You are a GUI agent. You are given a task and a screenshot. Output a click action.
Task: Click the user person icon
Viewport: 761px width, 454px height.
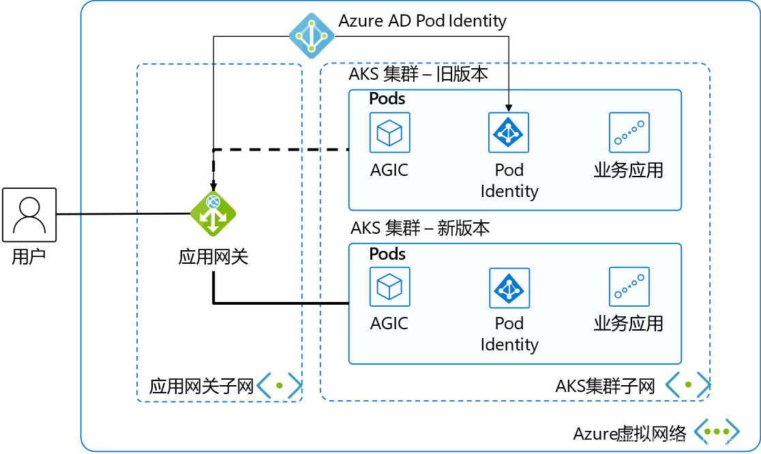(29, 215)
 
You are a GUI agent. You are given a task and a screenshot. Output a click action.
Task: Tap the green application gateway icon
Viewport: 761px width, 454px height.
(213, 214)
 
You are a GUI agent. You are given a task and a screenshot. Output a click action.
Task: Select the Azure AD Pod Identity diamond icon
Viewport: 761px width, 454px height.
(312, 36)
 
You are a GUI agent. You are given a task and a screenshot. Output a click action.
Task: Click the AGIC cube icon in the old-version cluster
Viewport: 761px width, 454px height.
(390, 132)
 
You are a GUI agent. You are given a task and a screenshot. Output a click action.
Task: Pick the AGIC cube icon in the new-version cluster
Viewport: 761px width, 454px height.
(390, 287)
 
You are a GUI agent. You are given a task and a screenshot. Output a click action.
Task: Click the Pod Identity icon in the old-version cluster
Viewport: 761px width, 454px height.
(509, 132)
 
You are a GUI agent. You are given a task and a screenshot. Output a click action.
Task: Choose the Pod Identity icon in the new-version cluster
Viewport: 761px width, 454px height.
(509, 288)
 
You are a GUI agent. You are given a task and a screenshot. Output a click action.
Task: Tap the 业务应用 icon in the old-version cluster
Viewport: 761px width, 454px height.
(629, 132)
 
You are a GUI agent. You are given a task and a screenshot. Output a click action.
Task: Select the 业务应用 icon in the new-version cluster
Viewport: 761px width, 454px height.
(629, 287)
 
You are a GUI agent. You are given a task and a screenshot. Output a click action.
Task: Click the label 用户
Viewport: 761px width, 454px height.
(29, 256)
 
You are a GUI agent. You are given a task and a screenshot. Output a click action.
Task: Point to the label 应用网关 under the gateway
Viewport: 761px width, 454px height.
(213, 256)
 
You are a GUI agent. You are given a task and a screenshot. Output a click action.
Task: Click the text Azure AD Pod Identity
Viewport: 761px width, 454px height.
(422, 21)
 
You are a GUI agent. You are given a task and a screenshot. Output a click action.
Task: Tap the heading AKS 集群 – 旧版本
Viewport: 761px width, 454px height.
(419, 74)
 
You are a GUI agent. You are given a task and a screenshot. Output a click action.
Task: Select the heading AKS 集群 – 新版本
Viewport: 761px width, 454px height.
(420, 228)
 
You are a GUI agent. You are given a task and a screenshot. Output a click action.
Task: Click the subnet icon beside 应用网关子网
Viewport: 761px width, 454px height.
(279, 386)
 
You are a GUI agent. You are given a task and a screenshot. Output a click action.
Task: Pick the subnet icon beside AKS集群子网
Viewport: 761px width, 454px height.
(688, 385)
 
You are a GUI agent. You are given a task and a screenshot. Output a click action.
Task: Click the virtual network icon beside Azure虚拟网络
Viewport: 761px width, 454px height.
(717, 432)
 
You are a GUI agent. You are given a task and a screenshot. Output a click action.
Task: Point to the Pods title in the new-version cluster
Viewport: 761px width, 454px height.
(387, 254)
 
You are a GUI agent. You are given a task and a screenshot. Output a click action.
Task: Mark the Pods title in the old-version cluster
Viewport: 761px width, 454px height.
(387, 98)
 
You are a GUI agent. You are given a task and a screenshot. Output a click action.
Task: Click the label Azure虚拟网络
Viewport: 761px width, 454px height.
(630, 433)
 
